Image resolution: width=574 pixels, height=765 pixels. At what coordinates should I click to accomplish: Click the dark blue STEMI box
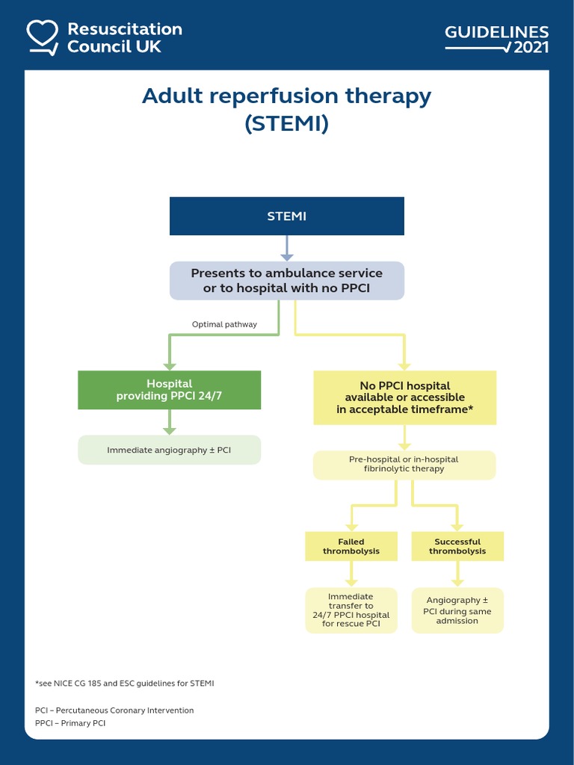287,217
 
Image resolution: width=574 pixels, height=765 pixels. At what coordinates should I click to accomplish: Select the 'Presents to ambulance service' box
287,280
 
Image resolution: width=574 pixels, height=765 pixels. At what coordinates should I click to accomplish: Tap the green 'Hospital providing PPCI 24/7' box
169,390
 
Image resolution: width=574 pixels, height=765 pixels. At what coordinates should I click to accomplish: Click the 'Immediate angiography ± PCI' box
169,450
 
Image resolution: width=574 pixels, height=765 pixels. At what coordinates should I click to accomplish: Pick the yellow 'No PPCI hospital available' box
404,398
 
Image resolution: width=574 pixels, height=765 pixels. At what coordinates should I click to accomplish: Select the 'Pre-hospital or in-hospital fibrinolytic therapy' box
404,464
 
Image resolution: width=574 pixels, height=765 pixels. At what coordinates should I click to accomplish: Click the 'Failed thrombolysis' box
351,546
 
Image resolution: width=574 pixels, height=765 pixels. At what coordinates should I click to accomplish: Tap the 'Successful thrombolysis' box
457,546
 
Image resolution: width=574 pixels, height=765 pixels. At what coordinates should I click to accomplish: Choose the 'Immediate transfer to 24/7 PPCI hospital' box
351,610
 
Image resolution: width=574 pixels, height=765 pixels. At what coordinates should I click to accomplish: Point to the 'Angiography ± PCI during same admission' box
457,610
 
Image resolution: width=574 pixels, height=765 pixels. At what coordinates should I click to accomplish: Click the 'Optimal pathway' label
224,324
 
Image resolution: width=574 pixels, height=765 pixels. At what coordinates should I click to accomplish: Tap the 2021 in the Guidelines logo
531,48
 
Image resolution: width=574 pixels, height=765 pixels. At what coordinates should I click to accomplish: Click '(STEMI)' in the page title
287,123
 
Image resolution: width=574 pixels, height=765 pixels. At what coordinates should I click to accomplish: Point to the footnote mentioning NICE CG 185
125,683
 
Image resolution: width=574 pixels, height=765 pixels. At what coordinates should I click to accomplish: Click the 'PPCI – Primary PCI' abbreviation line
70,723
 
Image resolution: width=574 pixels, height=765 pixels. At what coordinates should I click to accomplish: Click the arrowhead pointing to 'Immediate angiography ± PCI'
170,430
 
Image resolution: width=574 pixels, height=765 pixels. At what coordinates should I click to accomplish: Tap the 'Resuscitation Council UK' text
124,37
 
